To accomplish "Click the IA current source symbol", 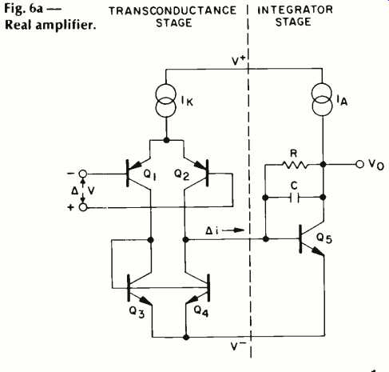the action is [322, 100].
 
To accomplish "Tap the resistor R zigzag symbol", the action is [295, 165].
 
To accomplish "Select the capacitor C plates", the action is [294, 198].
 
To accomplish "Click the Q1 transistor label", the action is [149, 174].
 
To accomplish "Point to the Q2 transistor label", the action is [181, 174].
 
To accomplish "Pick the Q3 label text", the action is [137, 312].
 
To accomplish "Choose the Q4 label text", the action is [201, 310].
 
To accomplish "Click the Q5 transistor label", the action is [324, 238].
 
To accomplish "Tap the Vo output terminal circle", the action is [359, 164].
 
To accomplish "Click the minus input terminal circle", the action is [83, 174].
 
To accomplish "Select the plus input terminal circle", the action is [83, 207].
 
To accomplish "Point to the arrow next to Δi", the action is [233, 230].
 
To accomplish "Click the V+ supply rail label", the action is [238, 61].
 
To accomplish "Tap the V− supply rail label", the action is [238, 346].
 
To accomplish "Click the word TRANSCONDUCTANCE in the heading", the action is [173, 10].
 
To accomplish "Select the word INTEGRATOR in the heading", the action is [295, 10].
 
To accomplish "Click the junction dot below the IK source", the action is [166, 140].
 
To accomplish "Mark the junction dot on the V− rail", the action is [186, 338].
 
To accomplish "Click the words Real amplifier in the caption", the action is [50, 26].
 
